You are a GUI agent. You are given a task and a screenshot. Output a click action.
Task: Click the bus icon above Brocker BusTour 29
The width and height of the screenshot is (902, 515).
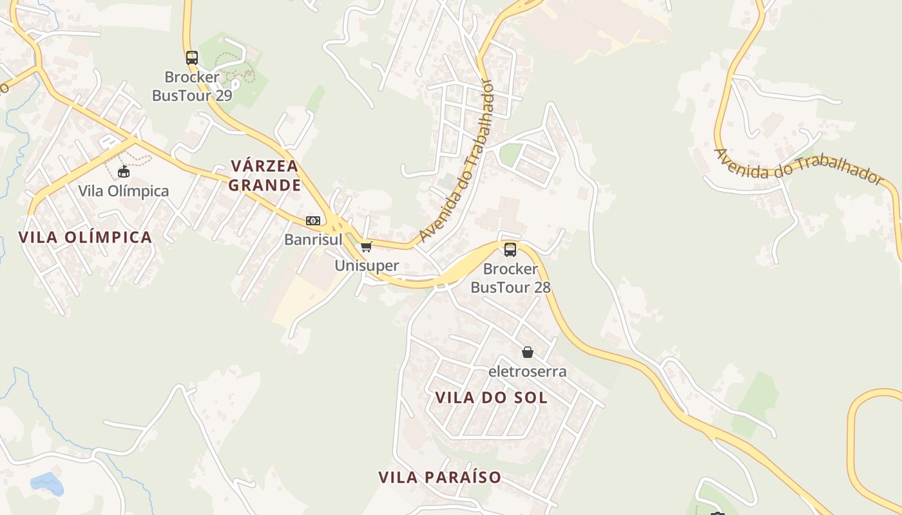[192, 57]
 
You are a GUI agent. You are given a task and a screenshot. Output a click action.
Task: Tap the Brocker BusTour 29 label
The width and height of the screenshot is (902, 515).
[192, 86]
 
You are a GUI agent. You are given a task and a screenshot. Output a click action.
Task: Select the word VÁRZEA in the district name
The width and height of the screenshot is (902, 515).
[265, 166]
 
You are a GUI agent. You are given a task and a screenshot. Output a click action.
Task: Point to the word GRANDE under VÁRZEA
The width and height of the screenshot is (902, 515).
[265, 185]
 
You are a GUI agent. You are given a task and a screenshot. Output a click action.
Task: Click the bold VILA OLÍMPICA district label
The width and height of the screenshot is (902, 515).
[86, 237]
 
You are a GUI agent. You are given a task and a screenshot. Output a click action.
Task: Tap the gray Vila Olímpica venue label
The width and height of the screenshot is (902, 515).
[124, 191]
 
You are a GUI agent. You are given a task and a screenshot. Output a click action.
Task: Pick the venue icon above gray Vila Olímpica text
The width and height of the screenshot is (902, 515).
[124, 171]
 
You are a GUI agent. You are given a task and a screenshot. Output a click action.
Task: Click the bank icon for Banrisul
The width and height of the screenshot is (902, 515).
[313, 221]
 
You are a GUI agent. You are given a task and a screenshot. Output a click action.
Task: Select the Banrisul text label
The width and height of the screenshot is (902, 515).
[313, 239]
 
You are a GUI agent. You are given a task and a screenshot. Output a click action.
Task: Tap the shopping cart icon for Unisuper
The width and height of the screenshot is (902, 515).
[367, 247]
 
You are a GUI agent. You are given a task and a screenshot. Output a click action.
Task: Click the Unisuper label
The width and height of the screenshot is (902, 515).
[367, 265]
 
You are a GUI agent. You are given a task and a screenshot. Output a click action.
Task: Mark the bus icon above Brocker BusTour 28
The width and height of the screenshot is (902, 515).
[510, 250]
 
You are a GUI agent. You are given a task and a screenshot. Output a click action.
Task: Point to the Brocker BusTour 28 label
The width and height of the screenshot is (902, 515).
[510, 278]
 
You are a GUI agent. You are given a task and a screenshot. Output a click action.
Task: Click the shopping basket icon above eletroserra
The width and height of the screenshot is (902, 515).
[528, 352]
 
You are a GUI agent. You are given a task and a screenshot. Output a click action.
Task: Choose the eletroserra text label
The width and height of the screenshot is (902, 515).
[528, 371]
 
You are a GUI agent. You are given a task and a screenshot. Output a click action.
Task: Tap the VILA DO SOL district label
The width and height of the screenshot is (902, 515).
[492, 398]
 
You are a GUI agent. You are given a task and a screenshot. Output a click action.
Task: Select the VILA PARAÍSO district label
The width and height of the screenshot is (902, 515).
[439, 477]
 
